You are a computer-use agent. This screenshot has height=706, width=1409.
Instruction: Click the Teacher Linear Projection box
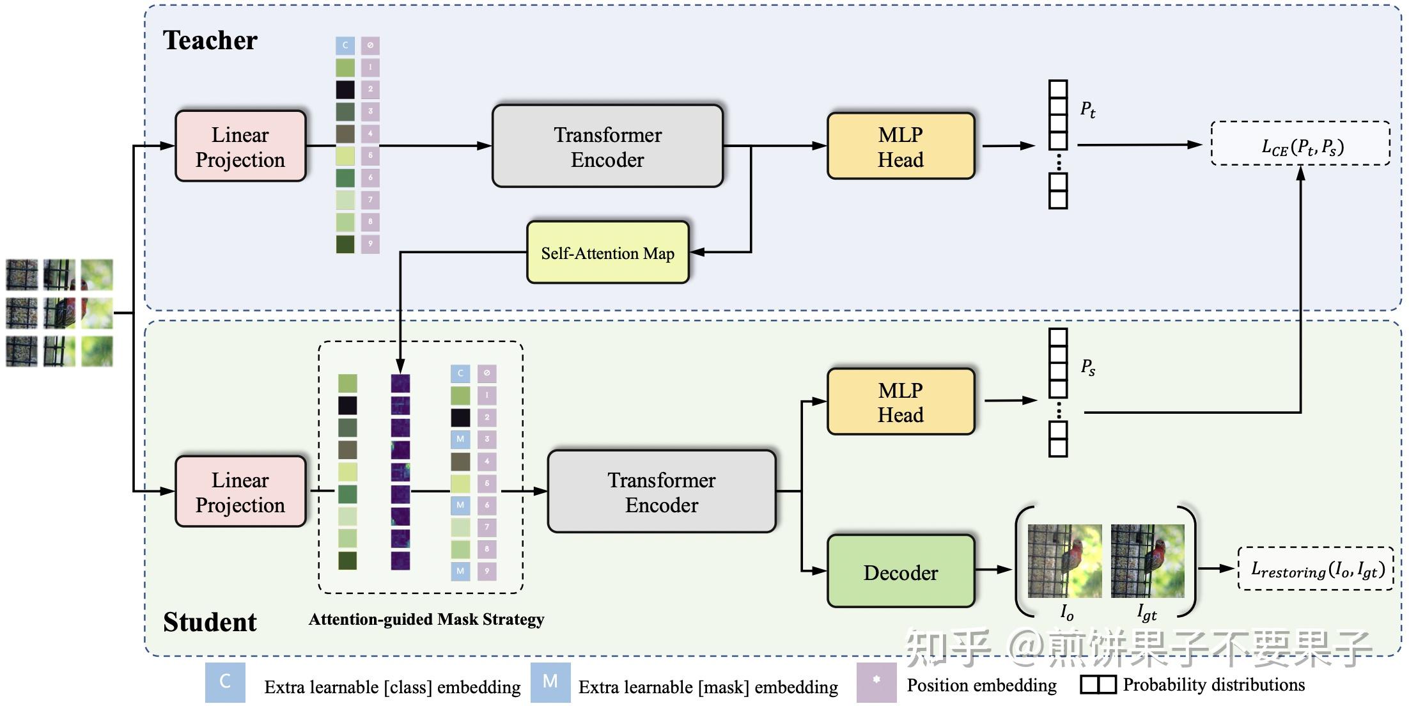click(x=240, y=146)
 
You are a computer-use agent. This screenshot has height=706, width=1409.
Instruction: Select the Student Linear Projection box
click(x=240, y=492)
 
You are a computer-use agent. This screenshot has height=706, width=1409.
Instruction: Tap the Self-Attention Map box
click(x=607, y=253)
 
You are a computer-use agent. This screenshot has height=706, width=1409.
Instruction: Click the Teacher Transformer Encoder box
click(x=607, y=146)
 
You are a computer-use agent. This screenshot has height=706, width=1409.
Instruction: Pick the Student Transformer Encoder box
click(x=662, y=492)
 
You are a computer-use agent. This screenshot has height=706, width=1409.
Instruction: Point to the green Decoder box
click(x=900, y=572)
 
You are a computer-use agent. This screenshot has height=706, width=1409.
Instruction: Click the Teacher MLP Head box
click(x=900, y=146)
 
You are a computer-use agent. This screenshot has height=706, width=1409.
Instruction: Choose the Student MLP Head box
click(x=900, y=402)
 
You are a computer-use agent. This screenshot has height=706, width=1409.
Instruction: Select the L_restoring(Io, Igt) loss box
click(x=1316, y=569)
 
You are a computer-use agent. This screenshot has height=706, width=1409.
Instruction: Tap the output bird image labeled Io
click(x=1064, y=561)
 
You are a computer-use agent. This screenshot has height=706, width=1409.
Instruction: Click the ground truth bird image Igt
click(x=1148, y=561)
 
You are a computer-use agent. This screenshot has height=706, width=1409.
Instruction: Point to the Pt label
click(x=1087, y=110)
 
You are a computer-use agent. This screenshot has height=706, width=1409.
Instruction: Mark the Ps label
click(x=1087, y=367)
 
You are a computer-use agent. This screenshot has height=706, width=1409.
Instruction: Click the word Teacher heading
click(x=210, y=40)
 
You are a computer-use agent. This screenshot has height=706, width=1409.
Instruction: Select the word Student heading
click(x=210, y=622)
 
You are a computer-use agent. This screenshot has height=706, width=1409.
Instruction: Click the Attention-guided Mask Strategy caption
click(x=426, y=619)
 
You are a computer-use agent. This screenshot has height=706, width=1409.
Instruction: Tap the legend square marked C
click(x=225, y=682)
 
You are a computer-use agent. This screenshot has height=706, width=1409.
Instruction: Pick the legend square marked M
click(x=550, y=682)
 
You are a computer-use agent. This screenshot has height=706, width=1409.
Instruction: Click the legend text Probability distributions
click(x=1213, y=685)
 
